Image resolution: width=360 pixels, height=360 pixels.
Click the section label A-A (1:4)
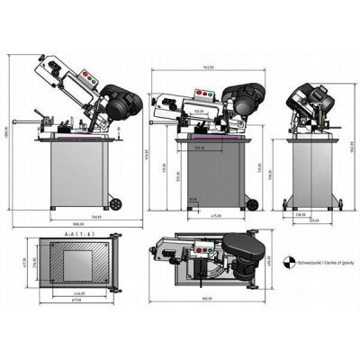77,233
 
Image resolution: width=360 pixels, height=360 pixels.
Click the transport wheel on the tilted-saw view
114,199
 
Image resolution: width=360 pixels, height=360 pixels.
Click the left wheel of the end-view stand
287,200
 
